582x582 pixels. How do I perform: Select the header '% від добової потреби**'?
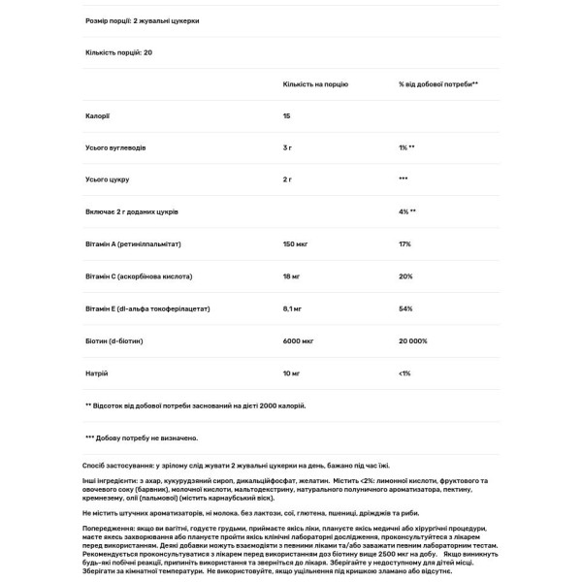(437, 84)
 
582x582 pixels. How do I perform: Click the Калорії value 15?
(287, 116)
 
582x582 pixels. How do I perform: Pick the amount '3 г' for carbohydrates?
(288, 148)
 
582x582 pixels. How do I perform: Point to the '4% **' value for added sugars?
(406, 211)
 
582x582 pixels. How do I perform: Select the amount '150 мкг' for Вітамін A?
(296, 243)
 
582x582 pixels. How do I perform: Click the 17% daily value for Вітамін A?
(404, 243)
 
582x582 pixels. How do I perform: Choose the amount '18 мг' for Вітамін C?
(291, 275)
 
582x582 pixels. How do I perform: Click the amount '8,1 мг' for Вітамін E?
(293, 307)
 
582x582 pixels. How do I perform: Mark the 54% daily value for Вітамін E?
(405, 307)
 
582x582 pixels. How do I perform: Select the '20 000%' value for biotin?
(414, 339)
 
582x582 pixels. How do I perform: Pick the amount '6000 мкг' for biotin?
(298, 339)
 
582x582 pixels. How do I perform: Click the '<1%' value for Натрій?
(404, 372)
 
